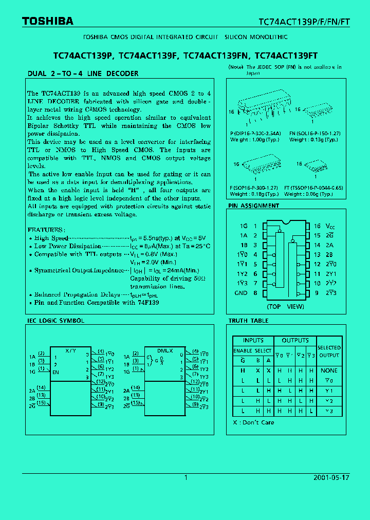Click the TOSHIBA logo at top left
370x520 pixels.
click(47, 21)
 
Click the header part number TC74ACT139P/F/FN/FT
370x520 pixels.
click(303, 22)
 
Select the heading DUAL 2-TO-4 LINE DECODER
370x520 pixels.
click(83, 73)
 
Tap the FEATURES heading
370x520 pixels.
click(46, 230)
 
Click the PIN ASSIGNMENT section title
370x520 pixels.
click(254, 206)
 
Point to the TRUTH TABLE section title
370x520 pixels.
click(249, 321)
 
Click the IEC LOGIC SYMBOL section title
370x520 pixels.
click(55, 321)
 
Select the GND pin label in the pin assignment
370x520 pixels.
click(241, 293)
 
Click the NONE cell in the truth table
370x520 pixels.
click(329, 370)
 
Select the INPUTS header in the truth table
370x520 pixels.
click(253, 341)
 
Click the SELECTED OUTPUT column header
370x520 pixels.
click(329, 351)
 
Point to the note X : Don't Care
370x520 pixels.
click(253, 422)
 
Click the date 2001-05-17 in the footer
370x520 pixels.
click(331, 477)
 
